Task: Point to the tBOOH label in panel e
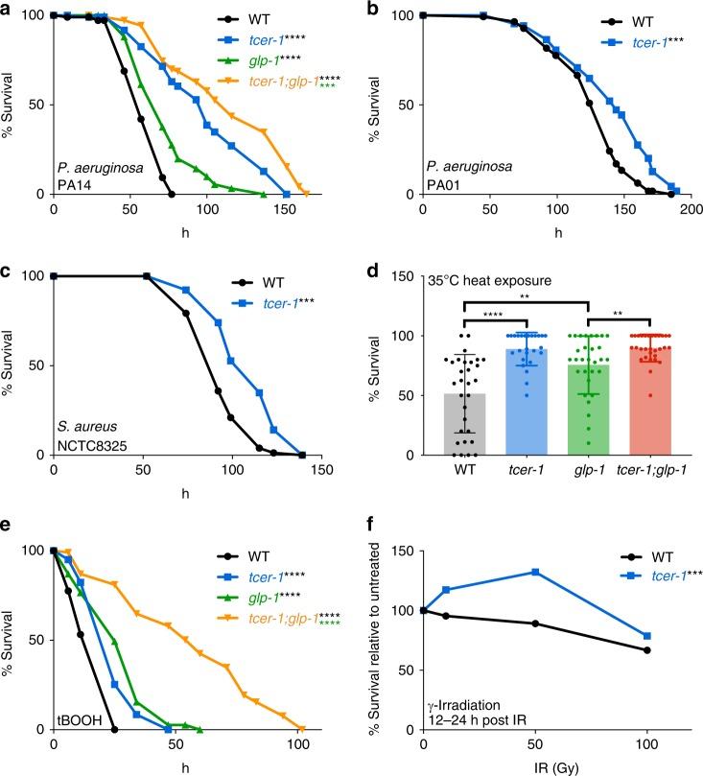(x=76, y=714)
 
